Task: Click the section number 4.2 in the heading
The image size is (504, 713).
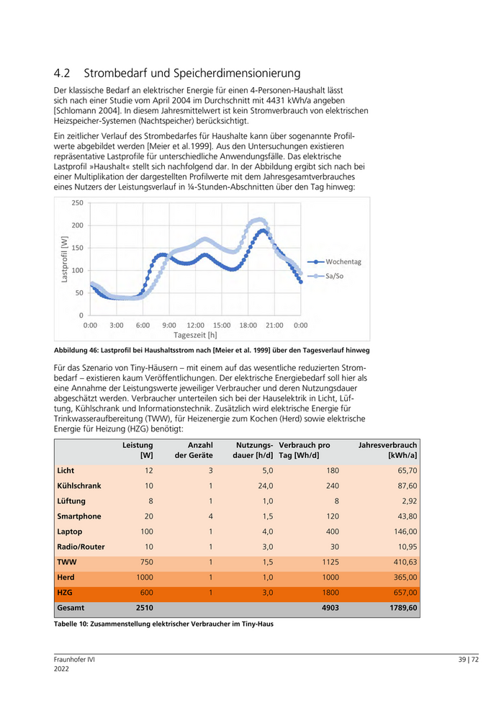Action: click(62, 73)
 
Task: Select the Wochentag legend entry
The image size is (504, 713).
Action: click(343, 261)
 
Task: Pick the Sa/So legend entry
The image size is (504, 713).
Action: click(335, 276)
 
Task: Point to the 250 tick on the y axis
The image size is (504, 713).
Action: click(77, 203)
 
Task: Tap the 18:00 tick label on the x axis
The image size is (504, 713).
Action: click(248, 326)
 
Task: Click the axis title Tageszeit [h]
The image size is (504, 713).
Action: click(195, 335)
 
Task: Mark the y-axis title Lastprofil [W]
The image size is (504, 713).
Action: click(65, 259)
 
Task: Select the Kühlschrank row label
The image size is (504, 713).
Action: click(79, 485)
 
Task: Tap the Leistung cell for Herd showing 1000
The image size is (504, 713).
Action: click(144, 578)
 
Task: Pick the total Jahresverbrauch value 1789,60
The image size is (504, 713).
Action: click(400, 609)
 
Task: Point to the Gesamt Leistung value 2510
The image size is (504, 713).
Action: click(144, 609)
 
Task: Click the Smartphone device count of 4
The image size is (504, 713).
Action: click(211, 516)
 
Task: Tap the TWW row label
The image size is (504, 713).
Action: click(66, 562)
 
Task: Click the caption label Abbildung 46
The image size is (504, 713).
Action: click(78, 350)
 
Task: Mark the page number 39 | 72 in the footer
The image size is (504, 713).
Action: click(468, 660)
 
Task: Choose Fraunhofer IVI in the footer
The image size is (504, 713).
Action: click(74, 660)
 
